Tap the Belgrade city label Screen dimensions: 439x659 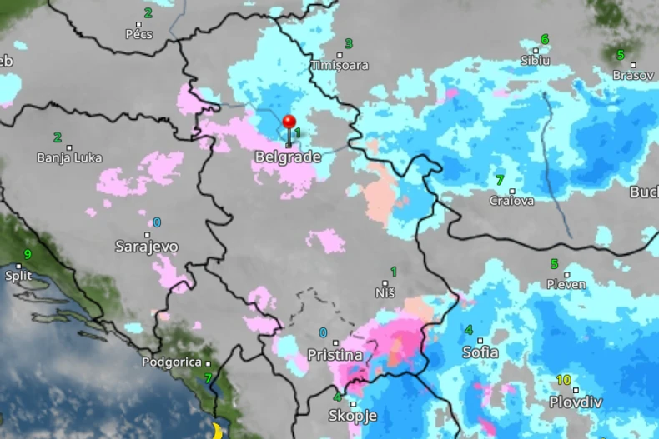[288, 157]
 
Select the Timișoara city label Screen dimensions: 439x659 [340, 65]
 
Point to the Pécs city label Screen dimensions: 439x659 [139, 34]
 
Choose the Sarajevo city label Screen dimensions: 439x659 [146, 247]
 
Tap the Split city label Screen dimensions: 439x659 [18, 275]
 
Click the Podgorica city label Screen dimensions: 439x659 [172, 362]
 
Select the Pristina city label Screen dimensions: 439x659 [335, 355]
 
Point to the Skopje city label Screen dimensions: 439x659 [353, 415]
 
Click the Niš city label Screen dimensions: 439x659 [385, 293]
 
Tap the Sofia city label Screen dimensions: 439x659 [480, 352]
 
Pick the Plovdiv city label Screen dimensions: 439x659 [576, 402]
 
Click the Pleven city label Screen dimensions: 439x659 [566, 284]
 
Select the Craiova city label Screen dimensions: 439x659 [511, 200]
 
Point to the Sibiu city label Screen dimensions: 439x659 [536, 60]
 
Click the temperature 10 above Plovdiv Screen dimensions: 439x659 [564, 381]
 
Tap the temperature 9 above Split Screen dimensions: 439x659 [28, 255]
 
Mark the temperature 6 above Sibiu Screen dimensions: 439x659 [545, 39]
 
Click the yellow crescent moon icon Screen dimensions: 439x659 [219, 430]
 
